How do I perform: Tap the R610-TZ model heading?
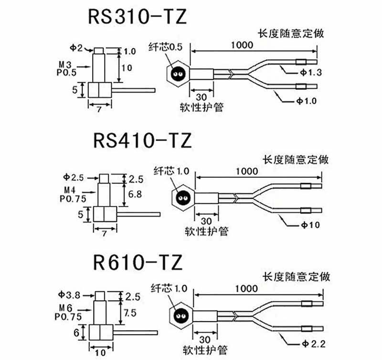(x=138, y=262)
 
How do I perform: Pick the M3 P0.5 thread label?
(x=66, y=68)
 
